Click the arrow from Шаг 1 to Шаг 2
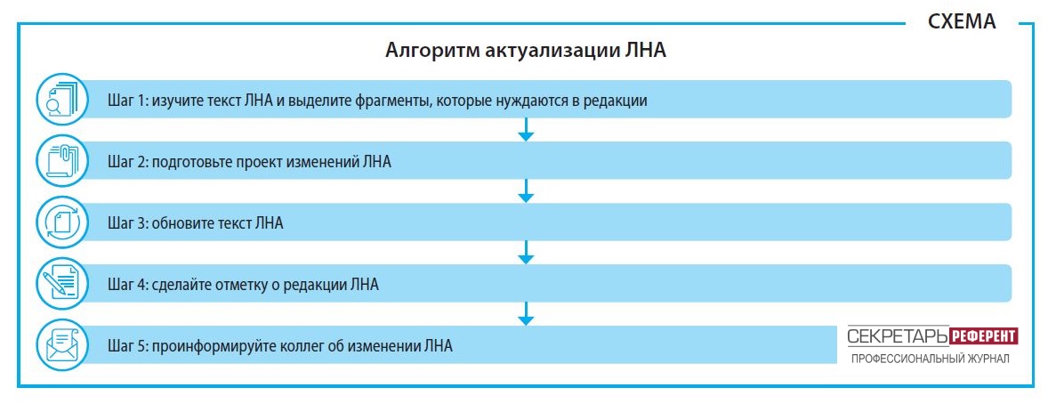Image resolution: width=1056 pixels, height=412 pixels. click(526, 130)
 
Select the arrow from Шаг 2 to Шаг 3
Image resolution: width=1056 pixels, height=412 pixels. click(526, 191)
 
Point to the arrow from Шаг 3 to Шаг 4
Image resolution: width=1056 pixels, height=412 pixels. click(526, 253)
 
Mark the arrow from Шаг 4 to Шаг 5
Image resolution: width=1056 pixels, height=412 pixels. click(526, 314)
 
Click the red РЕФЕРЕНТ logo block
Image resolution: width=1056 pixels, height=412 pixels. click(983, 335)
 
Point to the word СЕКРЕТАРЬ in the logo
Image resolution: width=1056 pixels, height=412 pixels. click(898, 335)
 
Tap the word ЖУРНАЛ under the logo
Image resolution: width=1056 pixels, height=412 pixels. click(988, 359)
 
